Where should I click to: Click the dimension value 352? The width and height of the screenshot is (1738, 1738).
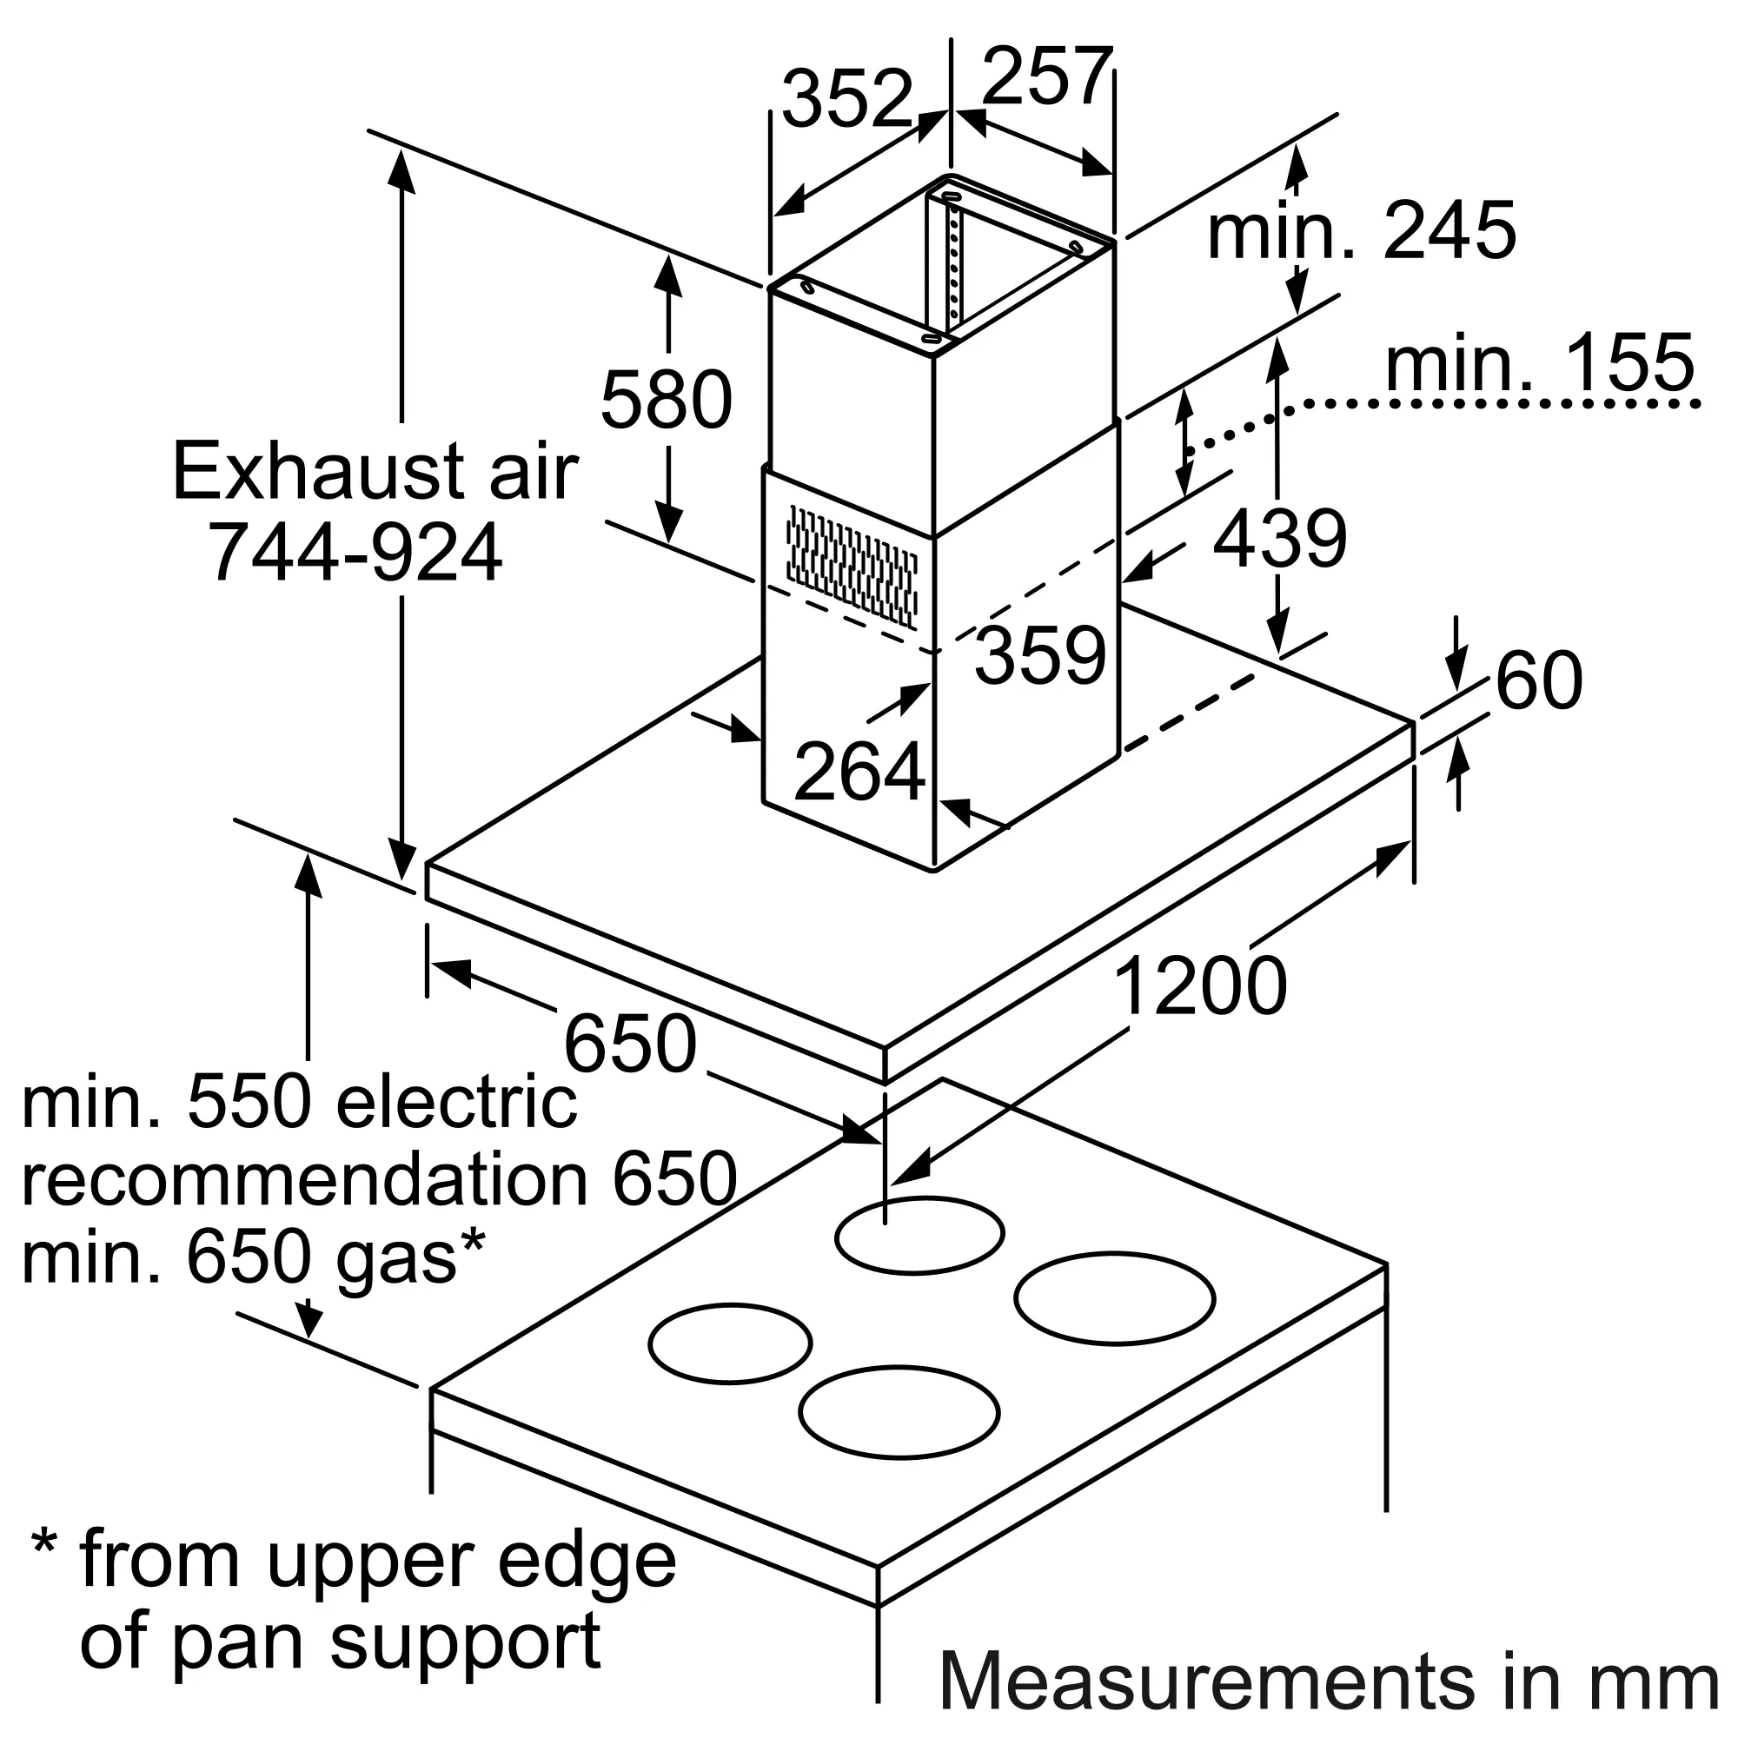[x=846, y=98]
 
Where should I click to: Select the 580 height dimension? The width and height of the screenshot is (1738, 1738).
[x=666, y=400]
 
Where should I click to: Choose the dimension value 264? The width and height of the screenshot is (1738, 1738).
[x=859, y=771]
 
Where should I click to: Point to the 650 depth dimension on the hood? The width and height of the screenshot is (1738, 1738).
[x=630, y=1043]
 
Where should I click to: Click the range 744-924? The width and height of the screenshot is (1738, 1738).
[x=355, y=552]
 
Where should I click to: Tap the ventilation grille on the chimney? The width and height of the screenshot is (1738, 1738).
[x=851, y=566]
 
